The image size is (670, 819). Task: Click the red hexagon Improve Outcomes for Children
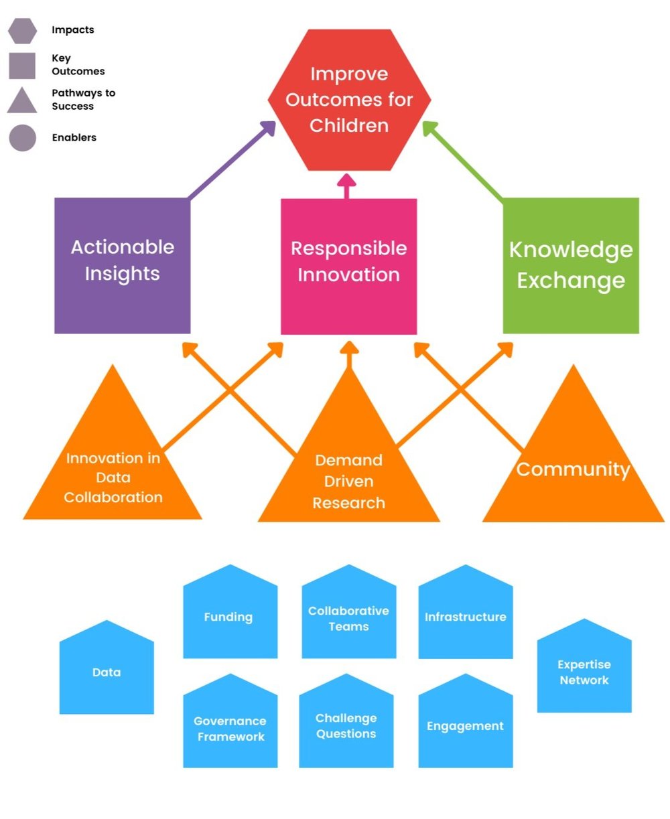(349, 100)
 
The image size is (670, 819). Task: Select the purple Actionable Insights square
(122, 265)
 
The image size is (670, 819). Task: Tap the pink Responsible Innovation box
(348, 266)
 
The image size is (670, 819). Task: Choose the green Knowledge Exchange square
(571, 265)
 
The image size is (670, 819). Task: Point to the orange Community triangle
(574, 469)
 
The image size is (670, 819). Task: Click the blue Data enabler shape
(107, 672)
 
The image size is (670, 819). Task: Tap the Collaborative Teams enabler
(348, 617)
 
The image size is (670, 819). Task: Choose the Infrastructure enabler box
(465, 616)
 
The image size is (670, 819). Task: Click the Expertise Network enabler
(584, 671)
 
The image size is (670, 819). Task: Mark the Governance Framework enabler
(230, 727)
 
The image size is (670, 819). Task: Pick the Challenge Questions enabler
(346, 726)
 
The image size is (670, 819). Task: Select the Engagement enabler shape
(465, 726)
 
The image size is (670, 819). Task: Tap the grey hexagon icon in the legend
(22, 31)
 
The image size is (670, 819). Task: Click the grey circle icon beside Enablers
(22, 138)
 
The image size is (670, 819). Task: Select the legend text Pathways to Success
(83, 100)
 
